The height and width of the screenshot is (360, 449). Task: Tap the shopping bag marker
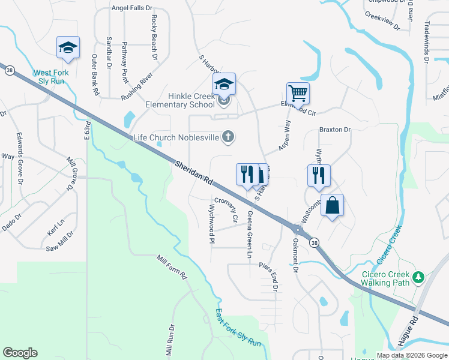coord(332,206)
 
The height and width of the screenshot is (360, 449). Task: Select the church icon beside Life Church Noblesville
coord(228,137)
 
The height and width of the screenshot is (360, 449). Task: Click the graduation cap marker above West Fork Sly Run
coord(68,48)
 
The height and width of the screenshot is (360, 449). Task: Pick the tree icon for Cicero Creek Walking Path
coord(420,277)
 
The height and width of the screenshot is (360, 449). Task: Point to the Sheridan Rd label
coord(194,172)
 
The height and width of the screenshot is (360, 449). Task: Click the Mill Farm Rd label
coord(172,268)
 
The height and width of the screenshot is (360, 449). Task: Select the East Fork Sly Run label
coord(238,328)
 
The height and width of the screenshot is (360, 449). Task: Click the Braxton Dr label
coord(335,129)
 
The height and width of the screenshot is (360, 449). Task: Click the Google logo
coord(20,353)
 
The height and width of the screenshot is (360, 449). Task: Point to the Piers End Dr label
coord(272,276)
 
